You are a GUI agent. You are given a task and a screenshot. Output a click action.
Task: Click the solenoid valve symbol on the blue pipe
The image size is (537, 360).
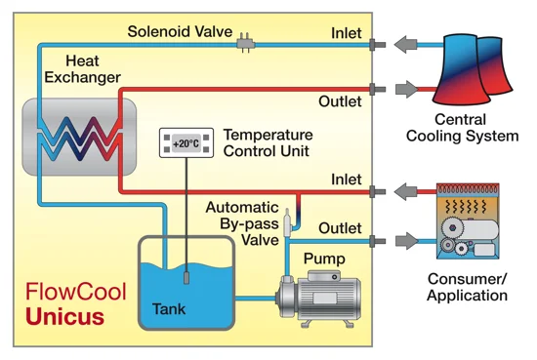pyautogui.click(x=245, y=44)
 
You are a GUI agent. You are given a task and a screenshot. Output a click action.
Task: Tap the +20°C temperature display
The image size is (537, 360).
pyautogui.click(x=186, y=143)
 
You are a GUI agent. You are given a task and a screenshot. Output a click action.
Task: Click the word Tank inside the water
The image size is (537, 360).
pyautogui.click(x=169, y=309)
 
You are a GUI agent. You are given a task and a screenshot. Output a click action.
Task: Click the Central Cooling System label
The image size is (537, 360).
pyautogui.click(x=463, y=128)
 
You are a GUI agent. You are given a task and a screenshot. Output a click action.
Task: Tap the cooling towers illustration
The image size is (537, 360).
pyautogui.click(x=473, y=69)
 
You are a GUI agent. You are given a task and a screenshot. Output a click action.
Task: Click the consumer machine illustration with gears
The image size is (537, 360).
pyautogui.click(x=468, y=221)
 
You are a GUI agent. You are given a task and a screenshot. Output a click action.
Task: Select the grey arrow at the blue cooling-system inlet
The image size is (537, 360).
pyautogui.click(x=405, y=44)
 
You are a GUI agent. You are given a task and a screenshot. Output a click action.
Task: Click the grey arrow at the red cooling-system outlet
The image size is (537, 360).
pyautogui.click(x=407, y=90)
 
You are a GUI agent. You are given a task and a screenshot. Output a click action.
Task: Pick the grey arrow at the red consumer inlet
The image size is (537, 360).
pyautogui.click(x=405, y=191)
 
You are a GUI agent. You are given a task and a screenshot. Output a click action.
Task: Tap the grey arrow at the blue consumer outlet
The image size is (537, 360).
pyautogui.click(x=407, y=241)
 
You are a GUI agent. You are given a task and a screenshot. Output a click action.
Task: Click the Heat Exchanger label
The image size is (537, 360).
pyautogui.click(x=83, y=69)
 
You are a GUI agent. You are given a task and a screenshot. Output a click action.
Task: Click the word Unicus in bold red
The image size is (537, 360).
pyautogui.click(x=64, y=316)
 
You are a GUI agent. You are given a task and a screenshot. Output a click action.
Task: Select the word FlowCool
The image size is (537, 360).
pyautogui.click(x=76, y=292)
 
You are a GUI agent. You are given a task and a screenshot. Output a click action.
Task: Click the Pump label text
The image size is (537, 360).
pyautogui.click(x=324, y=260)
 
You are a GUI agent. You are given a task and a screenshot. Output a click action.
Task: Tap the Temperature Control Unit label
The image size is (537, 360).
pyautogui.click(x=268, y=142)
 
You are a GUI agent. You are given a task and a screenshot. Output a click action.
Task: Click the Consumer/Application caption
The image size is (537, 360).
pyautogui.click(x=467, y=287)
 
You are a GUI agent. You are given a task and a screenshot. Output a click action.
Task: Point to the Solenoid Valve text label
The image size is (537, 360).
pyautogui.click(x=181, y=31)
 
